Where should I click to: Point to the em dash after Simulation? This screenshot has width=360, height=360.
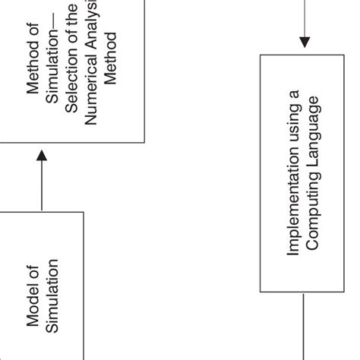pyautogui.click(x=53, y=33)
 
